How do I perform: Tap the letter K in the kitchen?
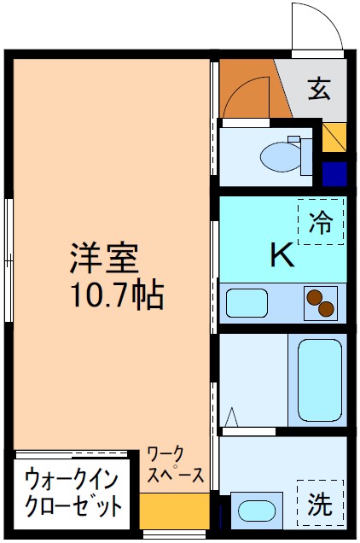pyautogui.click(x=282, y=255)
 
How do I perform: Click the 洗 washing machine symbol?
pyautogui.click(x=322, y=504)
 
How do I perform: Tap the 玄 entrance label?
pyautogui.click(x=319, y=88)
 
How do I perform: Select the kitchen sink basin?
pyautogui.click(x=247, y=303)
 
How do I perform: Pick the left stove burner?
pyautogui.click(x=314, y=299)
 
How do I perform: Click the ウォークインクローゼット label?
pyautogui.click(x=72, y=492)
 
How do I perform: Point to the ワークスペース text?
pyautogui.click(x=175, y=464)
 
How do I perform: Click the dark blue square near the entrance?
pyautogui.click(x=334, y=173)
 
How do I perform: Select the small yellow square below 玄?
pyautogui.click(x=334, y=136)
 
